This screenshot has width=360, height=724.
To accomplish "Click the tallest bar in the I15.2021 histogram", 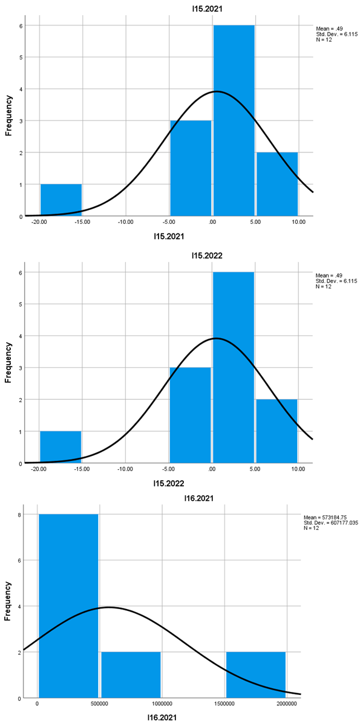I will pyautogui.click(x=234, y=121).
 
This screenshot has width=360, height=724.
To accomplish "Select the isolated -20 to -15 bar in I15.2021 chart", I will pyautogui.click(x=61, y=200).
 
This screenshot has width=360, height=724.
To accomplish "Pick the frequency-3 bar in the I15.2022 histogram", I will pyautogui.click(x=191, y=415).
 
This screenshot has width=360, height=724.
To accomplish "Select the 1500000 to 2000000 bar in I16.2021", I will pyautogui.click(x=255, y=675).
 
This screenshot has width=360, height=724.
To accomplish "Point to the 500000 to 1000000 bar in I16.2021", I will pyautogui.click(x=131, y=675).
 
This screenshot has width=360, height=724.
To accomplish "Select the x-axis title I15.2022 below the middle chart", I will pyautogui.click(x=166, y=483).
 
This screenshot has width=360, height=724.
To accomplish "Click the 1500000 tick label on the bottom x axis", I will pyautogui.click(x=225, y=705).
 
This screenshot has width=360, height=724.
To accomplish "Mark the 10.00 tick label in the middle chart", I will pyautogui.click(x=298, y=469).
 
